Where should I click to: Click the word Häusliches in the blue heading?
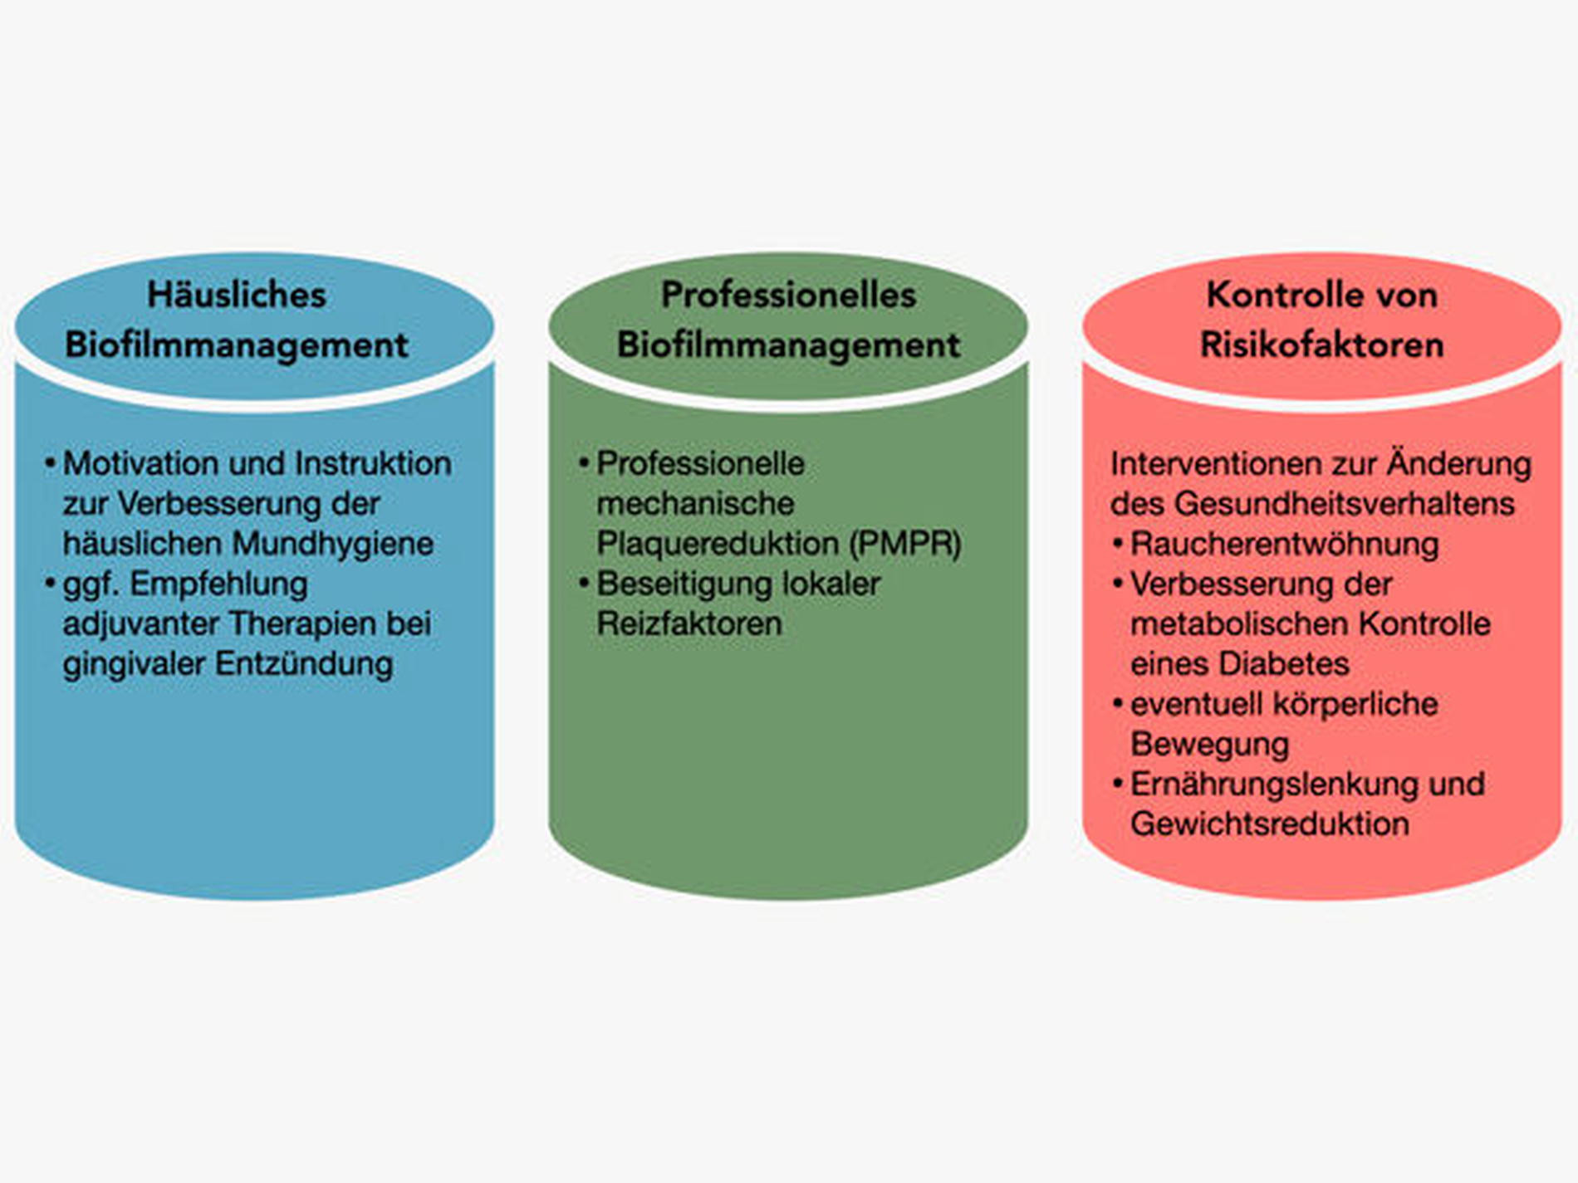[x=237, y=295]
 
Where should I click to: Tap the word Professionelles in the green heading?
[x=788, y=295]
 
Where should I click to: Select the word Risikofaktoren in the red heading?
[x=1321, y=345]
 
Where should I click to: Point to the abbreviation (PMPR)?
[x=905, y=544]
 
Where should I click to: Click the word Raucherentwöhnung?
[x=1285, y=545]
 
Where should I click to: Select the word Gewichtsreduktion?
[x=1270, y=824]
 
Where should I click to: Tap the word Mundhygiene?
[x=333, y=545]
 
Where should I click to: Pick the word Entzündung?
[x=304, y=664]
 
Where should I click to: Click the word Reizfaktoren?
[x=689, y=623]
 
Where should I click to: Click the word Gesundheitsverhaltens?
[x=1345, y=504]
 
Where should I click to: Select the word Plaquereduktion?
[x=718, y=544]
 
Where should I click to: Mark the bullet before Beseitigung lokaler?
[x=585, y=584]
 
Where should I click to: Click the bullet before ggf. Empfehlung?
[x=51, y=584]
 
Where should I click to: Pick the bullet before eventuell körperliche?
[x=1118, y=704]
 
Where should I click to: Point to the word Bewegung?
[x=1210, y=745]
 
